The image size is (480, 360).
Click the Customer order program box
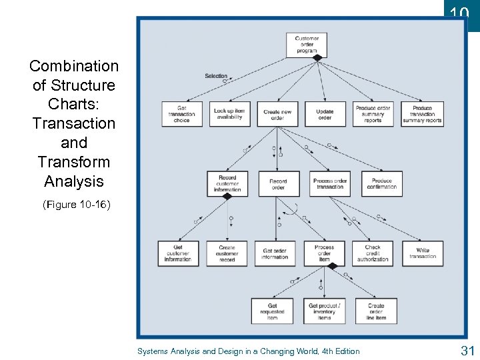click(x=307, y=44)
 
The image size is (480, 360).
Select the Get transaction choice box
click(x=181, y=114)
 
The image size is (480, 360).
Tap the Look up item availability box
click(x=229, y=114)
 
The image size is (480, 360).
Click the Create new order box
click(x=277, y=114)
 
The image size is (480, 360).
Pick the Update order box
click(x=325, y=114)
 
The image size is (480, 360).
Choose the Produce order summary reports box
click(x=373, y=114)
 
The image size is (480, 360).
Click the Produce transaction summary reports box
click(x=422, y=114)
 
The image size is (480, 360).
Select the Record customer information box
click(x=227, y=183)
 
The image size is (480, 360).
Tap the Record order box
click(x=278, y=183)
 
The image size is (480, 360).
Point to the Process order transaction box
click(x=330, y=183)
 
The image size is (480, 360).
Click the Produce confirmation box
click(x=382, y=183)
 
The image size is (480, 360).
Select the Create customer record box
click(x=227, y=253)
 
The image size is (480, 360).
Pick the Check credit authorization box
click(x=373, y=253)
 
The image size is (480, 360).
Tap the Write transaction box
click(x=423, y=253)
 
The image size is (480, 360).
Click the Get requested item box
click(x=272, y=311)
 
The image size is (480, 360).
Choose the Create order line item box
click(x=376, y=311)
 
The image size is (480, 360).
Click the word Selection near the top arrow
click(x=216, y=76)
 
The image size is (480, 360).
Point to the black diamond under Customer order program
click(x=317, y=58)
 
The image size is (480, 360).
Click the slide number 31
click(x=467, y=350)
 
